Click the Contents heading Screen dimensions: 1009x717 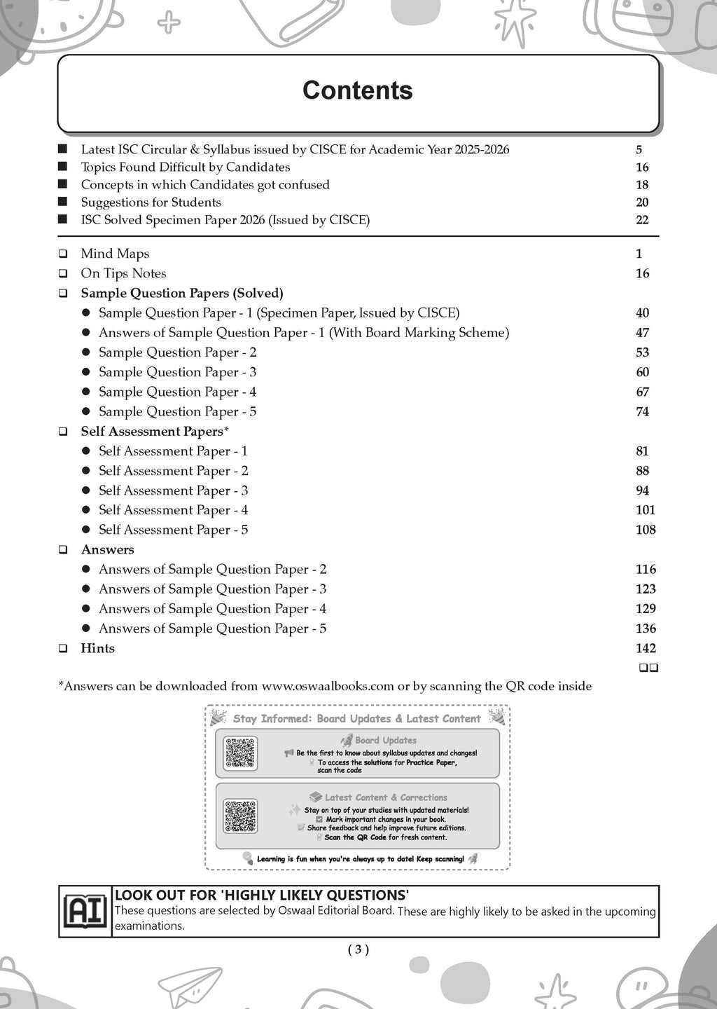click(x=357, y=90)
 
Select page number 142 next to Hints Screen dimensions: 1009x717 click(x=645, y=648)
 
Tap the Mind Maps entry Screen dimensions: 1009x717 click(x=115, y=254)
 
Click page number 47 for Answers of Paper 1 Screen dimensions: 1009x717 click(x=642, y=333)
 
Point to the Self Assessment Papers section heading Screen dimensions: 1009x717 click(x=154, y=432)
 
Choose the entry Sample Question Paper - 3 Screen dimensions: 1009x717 click(x=177, y=372)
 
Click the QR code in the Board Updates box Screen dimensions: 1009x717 click(x=240, y=753)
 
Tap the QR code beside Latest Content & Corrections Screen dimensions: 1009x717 click(x=240, y=816)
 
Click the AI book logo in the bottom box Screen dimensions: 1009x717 click(x=85, y=911)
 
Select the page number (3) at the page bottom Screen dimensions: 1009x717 click(x=358, y=949)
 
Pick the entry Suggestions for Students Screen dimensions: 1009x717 click(x=151, y=203)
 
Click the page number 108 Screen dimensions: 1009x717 click(x=645, y=530)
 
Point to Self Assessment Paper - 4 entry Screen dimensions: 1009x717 click(x=173, y=510)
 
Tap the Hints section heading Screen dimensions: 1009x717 click(x=97, y=648)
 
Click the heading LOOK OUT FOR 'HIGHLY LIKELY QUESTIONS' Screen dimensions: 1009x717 click(x=262, y=895)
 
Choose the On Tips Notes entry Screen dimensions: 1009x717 click(x=123, y=273)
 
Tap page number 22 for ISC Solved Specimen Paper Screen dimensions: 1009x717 click(x=642, y=220)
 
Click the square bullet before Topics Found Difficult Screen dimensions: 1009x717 click(x=63, y=167)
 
